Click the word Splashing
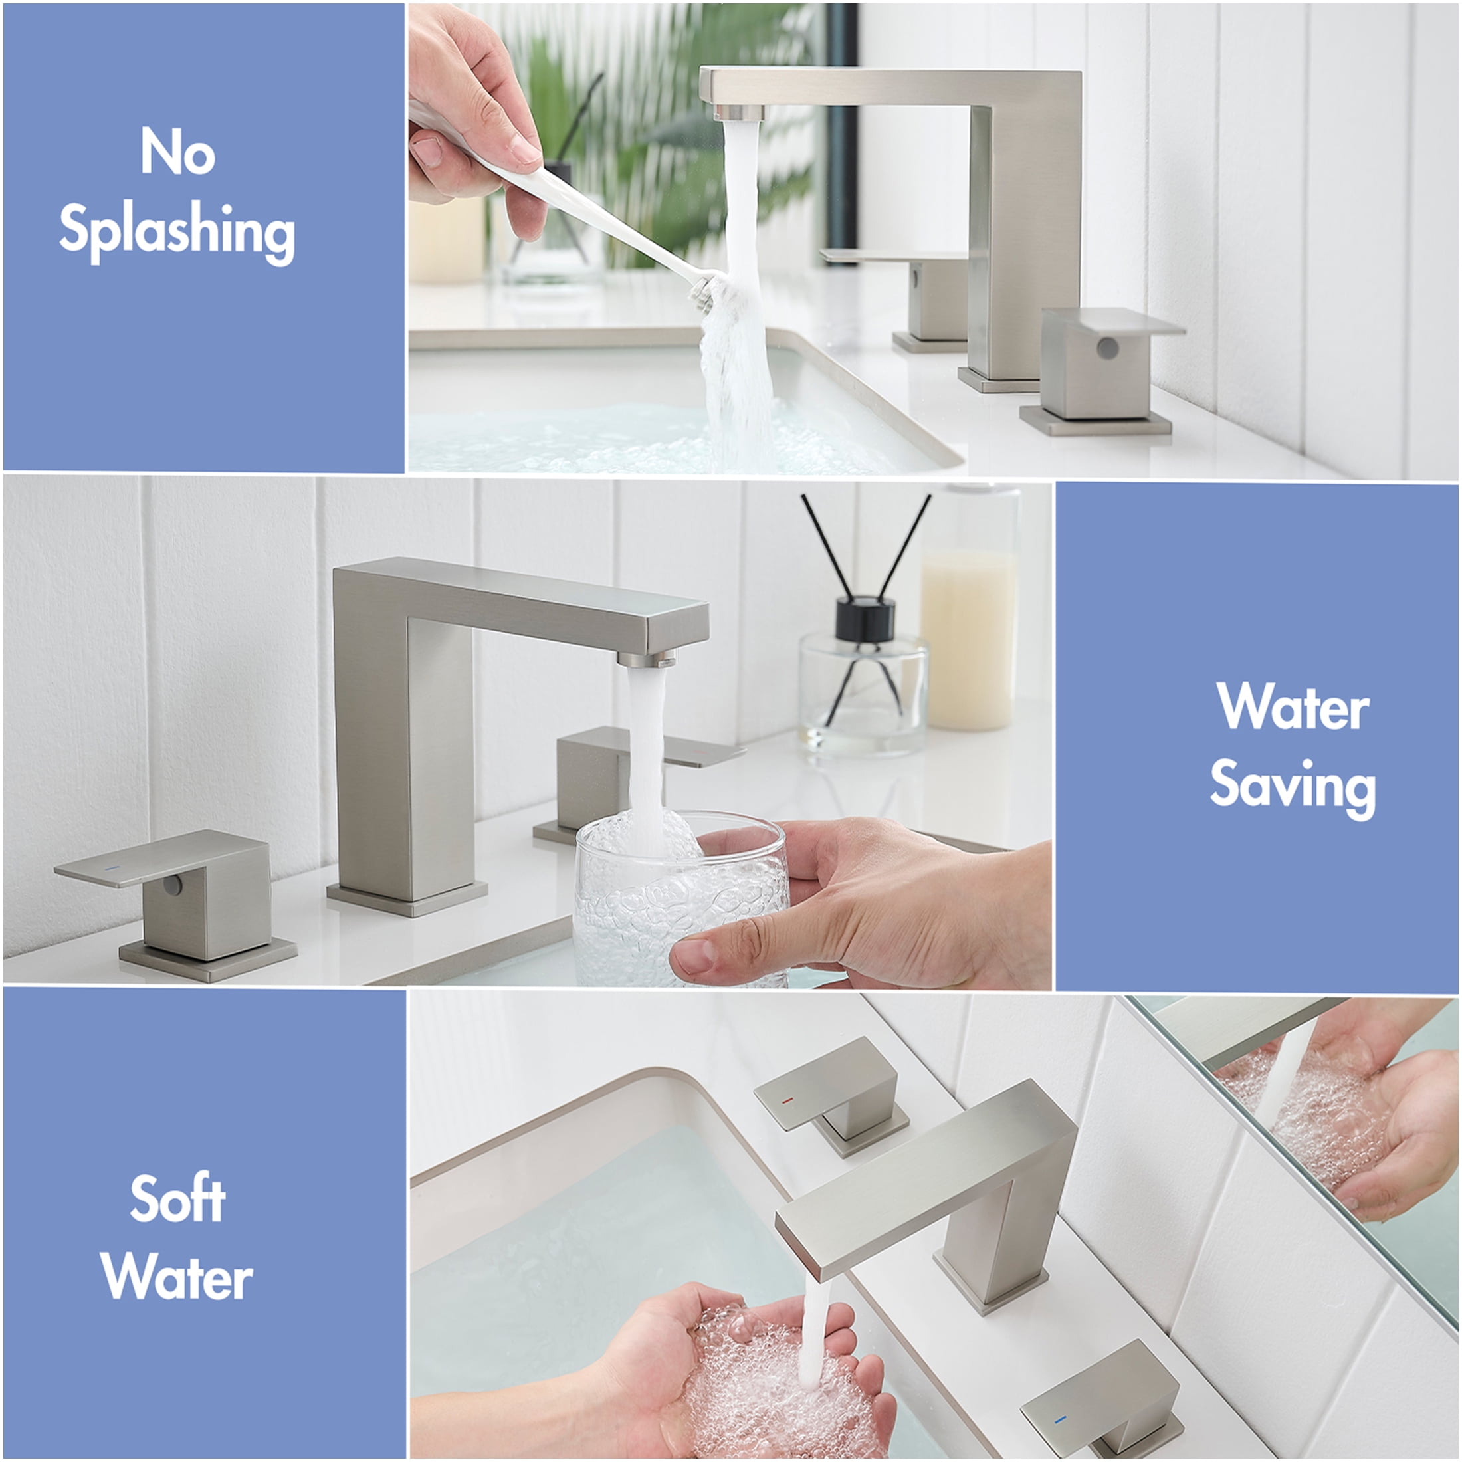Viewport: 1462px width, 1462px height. tap(177, 231)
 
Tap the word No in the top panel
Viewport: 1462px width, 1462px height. tap(178, 152)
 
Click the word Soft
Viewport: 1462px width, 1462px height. tap(177, 1199)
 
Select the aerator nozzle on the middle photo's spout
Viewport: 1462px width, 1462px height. tap(646, 659)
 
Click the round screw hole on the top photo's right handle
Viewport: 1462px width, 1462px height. tap(1107, 348)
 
